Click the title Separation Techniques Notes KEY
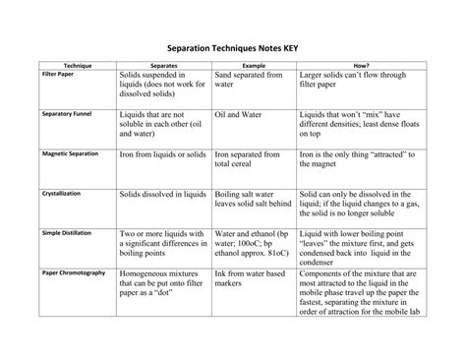click(x=232, y=45)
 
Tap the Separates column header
click(x=163, y=64)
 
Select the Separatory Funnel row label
click(x=67, y=114)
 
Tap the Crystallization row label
click(x=60, y=194)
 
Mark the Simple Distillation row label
click(x=65, y=232)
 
